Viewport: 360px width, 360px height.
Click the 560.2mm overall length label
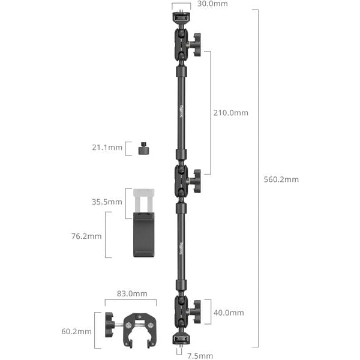pyautogui.click(x=281, y=179)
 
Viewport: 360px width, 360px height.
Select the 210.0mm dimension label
pyautogui.click(x=231, y=113)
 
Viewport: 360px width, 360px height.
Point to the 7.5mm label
pyautogui.click(x=200, y=356)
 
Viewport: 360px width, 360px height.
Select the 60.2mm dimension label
pyautogui.click(x=76, y=331)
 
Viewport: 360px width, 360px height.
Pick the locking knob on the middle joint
pyautogui.click(x=196, y=179)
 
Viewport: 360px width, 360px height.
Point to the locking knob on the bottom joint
pyautogui.click(x=196, y=312)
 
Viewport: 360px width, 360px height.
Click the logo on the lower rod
pyautogui.click(x=182, y=248)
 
